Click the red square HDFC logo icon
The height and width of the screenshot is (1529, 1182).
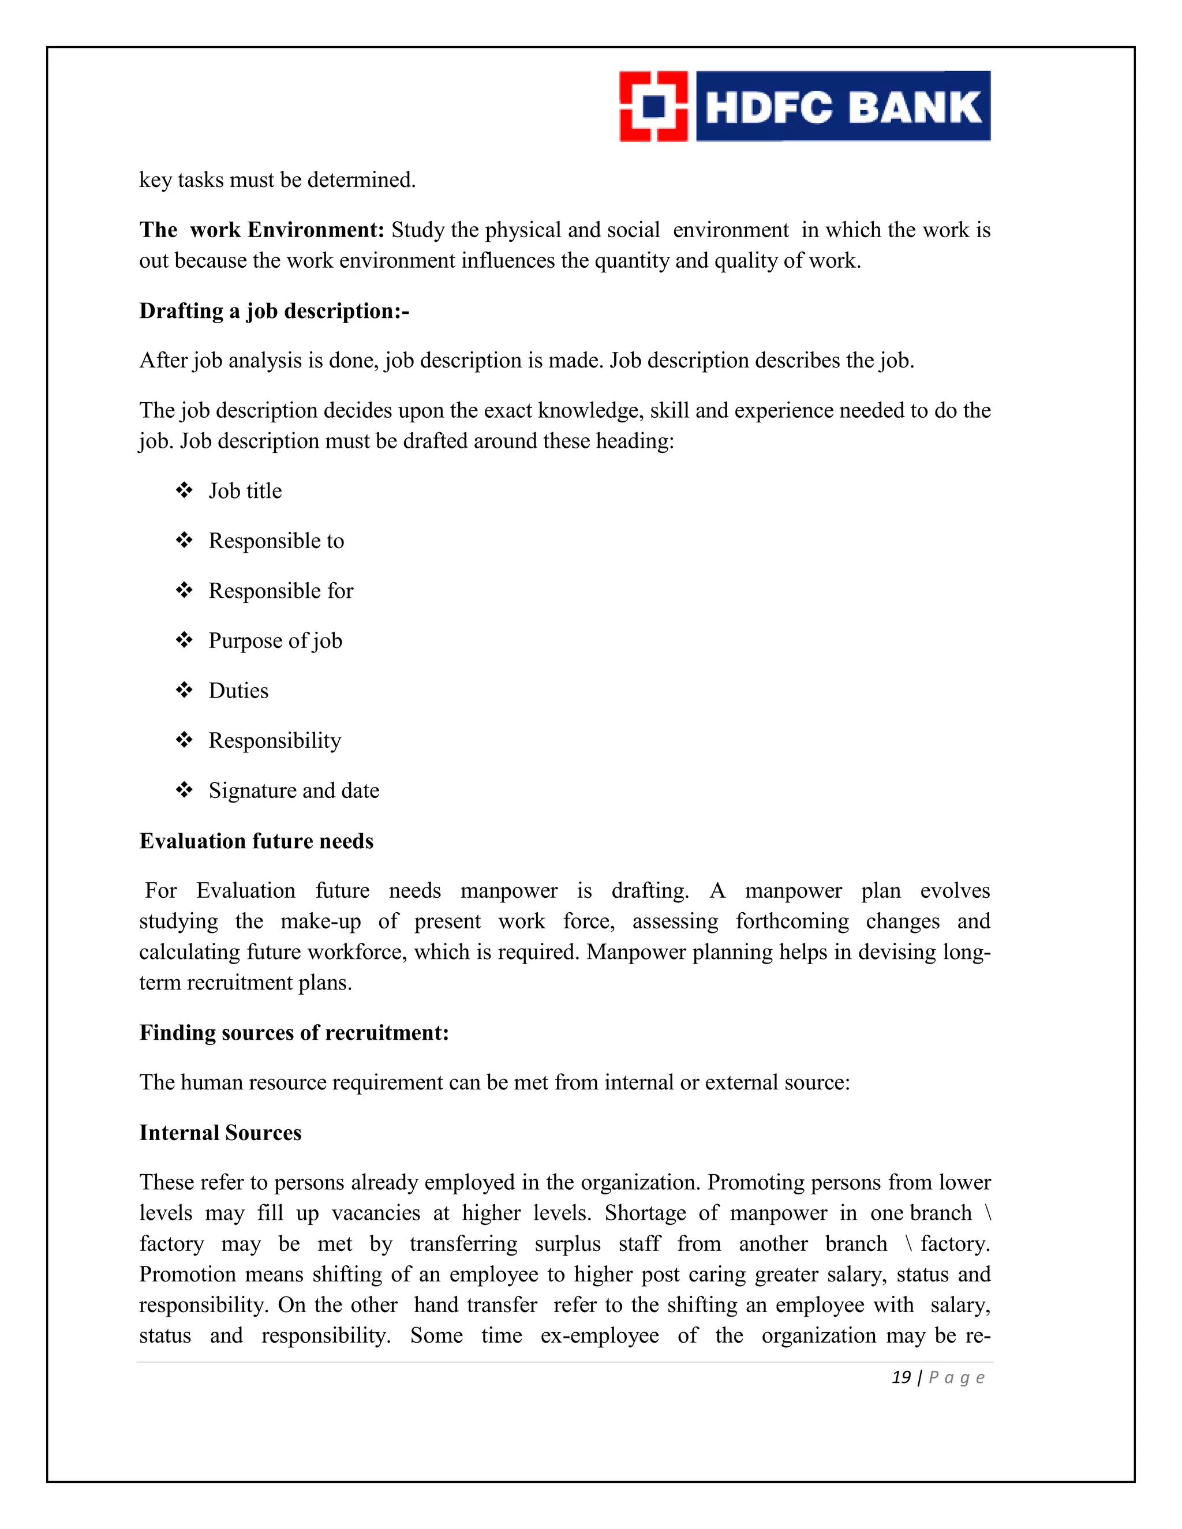point(653,106)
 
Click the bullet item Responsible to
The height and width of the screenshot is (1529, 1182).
point(276,541)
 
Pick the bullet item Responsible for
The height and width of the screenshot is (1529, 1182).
point(281,591)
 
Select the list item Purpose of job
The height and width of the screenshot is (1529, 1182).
point(275,641)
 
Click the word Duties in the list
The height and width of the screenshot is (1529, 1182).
point(238,691)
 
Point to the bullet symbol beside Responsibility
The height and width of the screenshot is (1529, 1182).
point(184,740)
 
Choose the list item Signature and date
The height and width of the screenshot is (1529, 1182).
point(293,791)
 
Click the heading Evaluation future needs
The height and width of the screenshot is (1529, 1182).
point(256,841)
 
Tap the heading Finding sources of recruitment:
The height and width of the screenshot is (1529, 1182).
point(293,1033)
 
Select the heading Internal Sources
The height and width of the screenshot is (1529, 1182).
point(220,1133)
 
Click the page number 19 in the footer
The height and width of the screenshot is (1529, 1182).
point(900,1378)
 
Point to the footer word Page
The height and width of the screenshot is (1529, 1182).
point(956,1378)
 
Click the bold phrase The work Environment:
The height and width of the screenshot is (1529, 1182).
point(261,230)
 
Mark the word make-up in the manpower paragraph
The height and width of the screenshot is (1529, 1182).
point(321,921)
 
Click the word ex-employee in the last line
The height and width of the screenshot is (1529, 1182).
point(600,1336)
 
